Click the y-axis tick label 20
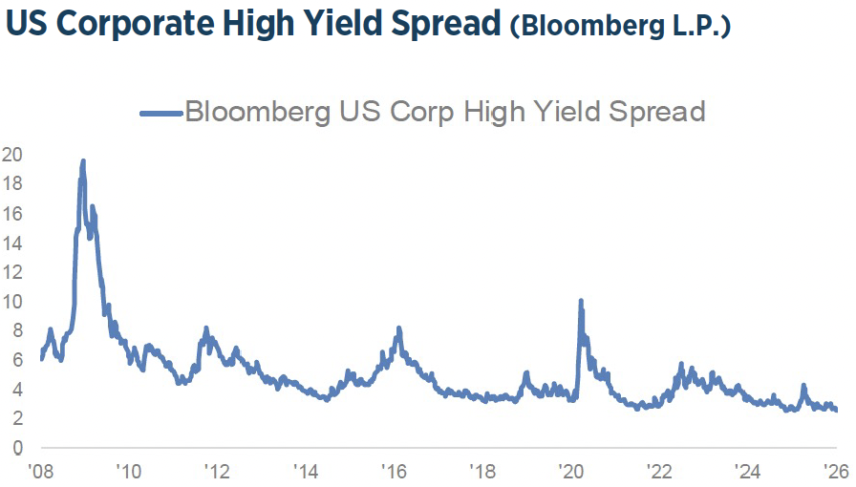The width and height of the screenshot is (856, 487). click(x=12, y=154)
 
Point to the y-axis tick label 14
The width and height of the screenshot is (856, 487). click(x=12, y=243)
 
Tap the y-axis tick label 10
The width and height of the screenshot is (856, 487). click(x=12, y=301)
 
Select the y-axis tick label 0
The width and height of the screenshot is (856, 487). click(x=16, y=448)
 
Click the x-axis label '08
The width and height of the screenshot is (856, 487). click(x=40, y=471)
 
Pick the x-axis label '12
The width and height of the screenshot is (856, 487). click(x=217, y=471)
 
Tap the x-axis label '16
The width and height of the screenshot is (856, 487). click(x=394, y=471)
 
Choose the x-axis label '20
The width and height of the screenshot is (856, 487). click(x=570, y=471)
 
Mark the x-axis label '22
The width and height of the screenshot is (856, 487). click(x=659, y=471)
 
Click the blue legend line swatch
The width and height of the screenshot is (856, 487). click(x=160, y=113)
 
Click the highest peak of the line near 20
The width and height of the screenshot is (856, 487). click(x=83, y=161)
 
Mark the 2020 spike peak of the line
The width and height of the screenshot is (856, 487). click(x=581, y=301)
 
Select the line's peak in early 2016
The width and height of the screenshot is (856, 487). click(x=399, y=328)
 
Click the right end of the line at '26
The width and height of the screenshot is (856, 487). click(x=838, y=411)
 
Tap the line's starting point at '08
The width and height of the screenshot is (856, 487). click(x=41, y=359)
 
